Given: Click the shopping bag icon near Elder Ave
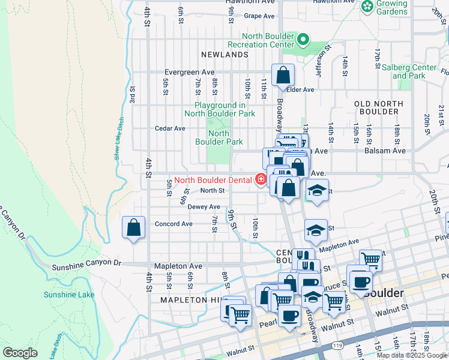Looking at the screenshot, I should tap(283, 76).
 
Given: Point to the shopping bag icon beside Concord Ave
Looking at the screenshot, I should tap(133, 228).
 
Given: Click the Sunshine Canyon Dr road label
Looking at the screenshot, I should tap(86, 265).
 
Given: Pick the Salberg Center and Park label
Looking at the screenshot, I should tap(409, 72).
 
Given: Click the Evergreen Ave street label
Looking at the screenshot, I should tap(190, 72).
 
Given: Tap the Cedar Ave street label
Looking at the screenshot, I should tap(170, 128).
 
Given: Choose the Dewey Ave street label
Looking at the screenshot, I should tap(191, 206).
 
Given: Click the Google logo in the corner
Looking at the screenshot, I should tap(20, 353).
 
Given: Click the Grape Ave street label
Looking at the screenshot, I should tap(259, 16).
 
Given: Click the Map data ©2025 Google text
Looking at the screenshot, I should tap(412, 355).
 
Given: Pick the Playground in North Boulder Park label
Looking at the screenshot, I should tap(220, 109).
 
